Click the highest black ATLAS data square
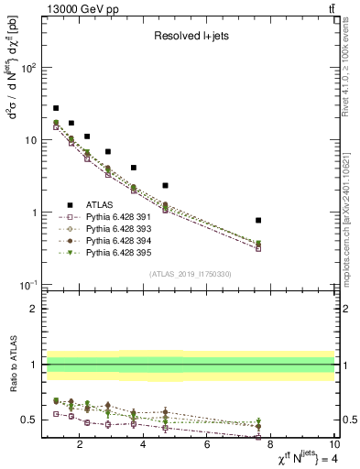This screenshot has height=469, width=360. [x=56, y=108]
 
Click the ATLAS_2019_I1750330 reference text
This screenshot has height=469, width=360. [x=190, y=274]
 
